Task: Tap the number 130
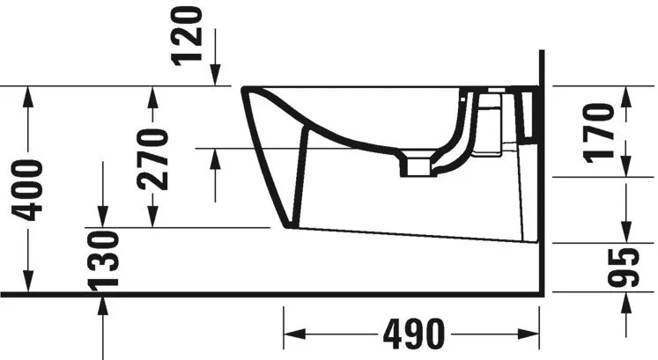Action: (x=104, y=261)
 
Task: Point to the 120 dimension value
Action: (x=190, y=35)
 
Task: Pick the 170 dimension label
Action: (x=600, y=133)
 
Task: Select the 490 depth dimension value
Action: (x=410, y=334)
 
